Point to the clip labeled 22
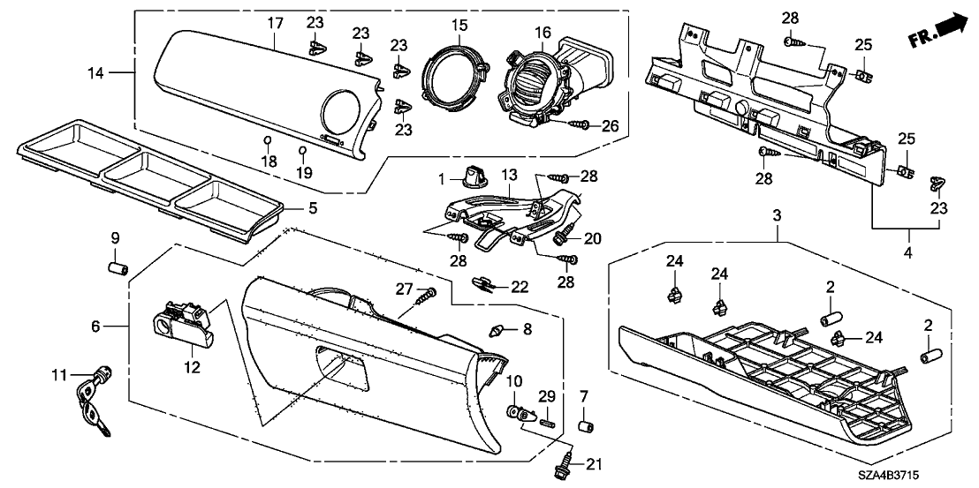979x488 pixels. coord(484,284)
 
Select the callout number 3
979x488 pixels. coord(778,215)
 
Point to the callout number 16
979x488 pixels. coord(543,33)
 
